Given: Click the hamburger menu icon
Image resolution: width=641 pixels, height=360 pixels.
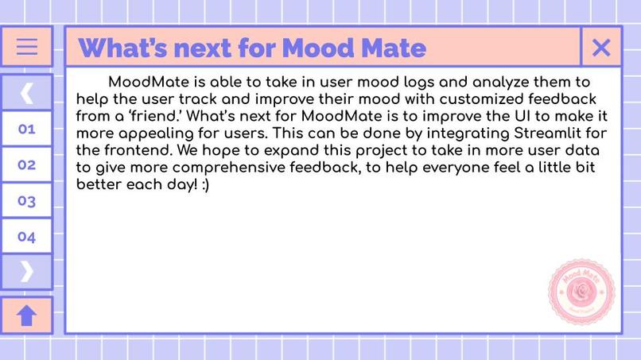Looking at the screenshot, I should pos(26,47).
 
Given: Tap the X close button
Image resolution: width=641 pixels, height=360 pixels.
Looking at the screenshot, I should pos(601,48).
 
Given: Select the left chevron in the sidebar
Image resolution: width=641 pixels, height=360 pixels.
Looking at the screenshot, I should pos(26,93).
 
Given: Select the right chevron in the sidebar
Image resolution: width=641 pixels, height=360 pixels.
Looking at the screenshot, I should pos(26,272).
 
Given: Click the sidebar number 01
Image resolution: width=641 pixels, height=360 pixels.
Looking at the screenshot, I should pos(26,129).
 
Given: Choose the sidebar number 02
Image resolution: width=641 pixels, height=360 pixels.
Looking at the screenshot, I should pos(26,165).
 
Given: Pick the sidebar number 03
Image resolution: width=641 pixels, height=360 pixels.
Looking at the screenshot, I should pos(26,201).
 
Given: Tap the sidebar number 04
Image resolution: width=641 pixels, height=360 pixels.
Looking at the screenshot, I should pos(26,237).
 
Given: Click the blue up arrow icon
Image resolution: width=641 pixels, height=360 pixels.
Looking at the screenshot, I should pos(26,315).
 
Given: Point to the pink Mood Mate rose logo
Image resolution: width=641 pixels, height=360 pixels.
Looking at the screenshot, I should pos(581,291).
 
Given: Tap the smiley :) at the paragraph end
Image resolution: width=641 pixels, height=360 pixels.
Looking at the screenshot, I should pos(203,184).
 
